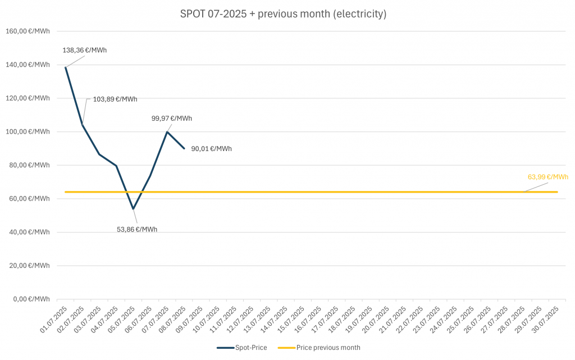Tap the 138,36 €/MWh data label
[85, 50]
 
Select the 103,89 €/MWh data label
[115, 99]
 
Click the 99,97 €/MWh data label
[172, 119]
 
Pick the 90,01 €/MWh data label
[211, 149]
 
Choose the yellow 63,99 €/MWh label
[547, 177]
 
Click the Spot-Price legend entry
[243, 348]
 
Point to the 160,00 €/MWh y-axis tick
[28, 31]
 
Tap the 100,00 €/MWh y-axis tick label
[28, 131]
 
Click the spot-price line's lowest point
[133, 209]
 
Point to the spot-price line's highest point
[66, 67]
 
